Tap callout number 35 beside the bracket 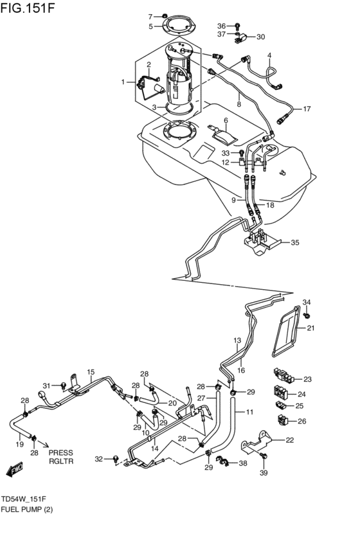point(295,243)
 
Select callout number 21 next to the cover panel point(310,328)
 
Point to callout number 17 point(307,109)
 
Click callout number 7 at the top point(150,16)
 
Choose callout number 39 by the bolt point(262,474)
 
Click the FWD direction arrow point(15,470)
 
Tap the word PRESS point(62,452)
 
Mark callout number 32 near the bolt point(98,459)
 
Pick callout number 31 point(46,386)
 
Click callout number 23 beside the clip point(307,379)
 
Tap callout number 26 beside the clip point(302,422)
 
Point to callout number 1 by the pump point(123,82)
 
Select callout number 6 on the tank point(226,120)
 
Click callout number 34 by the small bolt point(307,302)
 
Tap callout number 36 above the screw point(221,26)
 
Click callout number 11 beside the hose point(249,411)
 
